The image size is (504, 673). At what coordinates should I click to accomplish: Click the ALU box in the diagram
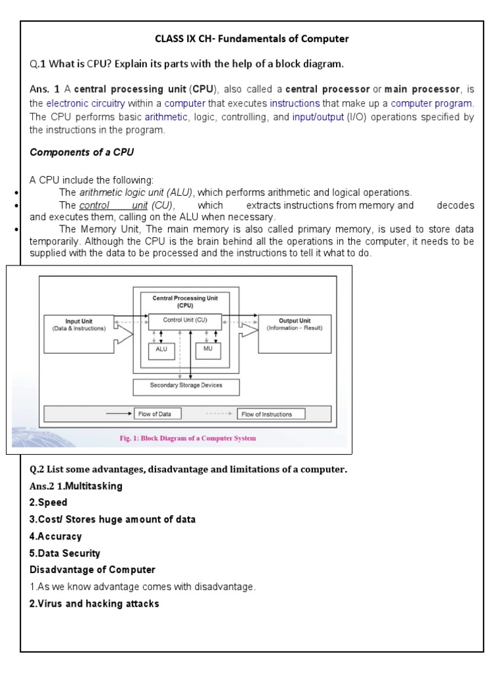[161, 350]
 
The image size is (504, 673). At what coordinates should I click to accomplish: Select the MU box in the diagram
[208, 350]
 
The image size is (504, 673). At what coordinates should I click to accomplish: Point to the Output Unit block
[295, 325]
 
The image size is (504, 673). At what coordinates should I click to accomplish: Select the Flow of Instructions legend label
[266, 414]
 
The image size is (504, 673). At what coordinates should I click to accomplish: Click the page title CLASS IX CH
[251, 39]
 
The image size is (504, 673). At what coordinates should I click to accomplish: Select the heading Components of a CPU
[81, 152]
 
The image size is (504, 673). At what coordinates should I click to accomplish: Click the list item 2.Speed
[49, 503]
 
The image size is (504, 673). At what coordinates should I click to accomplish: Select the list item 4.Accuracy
[56, 536]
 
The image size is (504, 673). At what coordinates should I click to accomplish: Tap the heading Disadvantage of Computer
[93, 570]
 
